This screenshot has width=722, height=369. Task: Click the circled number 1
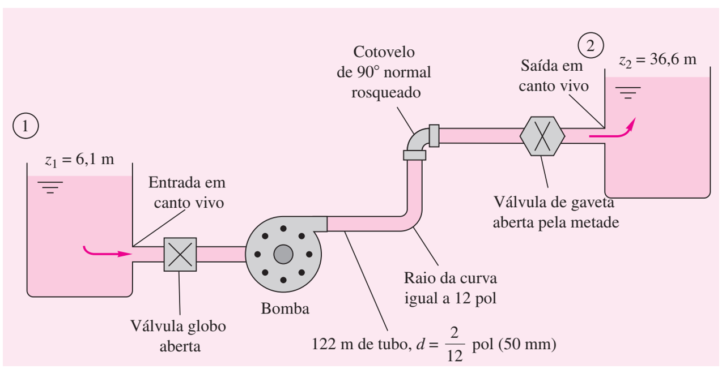26,126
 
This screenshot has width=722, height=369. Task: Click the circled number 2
591,46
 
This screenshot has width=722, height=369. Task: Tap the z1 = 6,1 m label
79,160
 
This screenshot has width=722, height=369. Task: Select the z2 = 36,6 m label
657,60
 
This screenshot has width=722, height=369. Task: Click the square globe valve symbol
180,254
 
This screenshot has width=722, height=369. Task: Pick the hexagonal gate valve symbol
542,136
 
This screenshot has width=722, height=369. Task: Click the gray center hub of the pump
283,254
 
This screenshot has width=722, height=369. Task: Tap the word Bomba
285,308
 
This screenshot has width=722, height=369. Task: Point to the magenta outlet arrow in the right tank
613,130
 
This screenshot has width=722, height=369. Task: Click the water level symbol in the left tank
50,187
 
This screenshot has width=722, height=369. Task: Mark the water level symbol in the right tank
628,93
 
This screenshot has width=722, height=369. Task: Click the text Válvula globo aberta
179,336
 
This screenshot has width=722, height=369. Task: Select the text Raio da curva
451,278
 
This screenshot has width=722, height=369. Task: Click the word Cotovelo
384,52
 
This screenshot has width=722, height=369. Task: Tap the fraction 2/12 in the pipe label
455,345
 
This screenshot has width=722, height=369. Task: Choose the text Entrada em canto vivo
188,192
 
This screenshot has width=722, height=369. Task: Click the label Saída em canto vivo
554,76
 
